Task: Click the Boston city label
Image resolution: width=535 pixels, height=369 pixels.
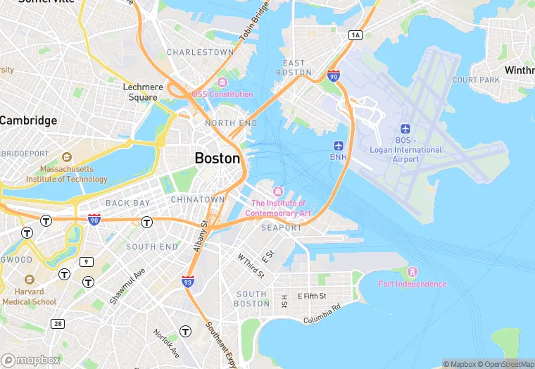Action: [218, 158]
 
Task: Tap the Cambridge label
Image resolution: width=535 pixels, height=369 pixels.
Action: [28, 120]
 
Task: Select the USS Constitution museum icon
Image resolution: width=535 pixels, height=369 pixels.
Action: [222, 83]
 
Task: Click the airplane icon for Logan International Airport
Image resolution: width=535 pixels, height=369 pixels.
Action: [405, 128]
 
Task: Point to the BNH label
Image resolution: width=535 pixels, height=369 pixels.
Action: [339, 157]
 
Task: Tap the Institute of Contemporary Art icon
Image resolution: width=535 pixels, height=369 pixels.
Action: [278, 192]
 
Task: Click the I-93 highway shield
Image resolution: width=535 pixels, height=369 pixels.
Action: [188, 281]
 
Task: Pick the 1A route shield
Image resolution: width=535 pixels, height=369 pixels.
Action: [355, 35]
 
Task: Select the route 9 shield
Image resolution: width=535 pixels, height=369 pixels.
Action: [86, 262]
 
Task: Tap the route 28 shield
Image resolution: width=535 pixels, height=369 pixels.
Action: [57, 323]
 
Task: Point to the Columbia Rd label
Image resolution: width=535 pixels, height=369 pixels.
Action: [322, 314]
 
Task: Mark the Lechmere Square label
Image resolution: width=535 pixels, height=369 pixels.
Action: [143, 92]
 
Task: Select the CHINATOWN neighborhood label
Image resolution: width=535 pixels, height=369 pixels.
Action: [197, 200]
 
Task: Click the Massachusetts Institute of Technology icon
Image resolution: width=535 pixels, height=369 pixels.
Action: [67, 157]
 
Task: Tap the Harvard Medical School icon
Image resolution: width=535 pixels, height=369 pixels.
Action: [28, 280]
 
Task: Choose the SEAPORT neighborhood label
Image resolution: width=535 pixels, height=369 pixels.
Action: [281, 228]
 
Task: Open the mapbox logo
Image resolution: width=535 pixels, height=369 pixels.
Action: [31, 360]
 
